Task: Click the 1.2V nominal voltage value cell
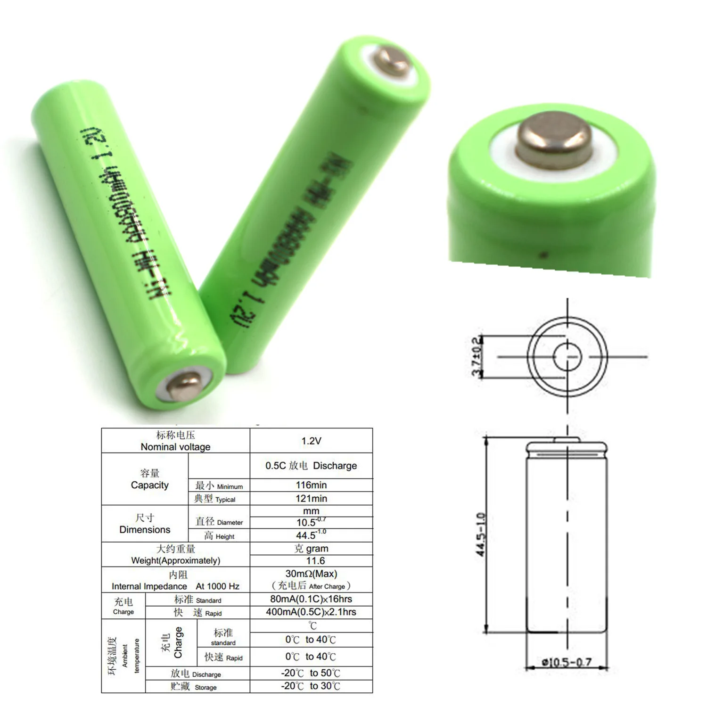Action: point(311,441)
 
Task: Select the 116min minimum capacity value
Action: point(311,485)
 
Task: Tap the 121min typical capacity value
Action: point(311,498)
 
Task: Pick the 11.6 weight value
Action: point(315,561)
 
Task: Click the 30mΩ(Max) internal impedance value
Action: point(311,574)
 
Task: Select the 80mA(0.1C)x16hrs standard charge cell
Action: point(311,599)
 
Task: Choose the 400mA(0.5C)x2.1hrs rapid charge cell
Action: point(311,612)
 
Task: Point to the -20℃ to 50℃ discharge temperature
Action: point(311,673)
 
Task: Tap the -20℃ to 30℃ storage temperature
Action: point(311,686)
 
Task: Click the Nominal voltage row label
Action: point(175,447)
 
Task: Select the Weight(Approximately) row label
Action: point(175,560)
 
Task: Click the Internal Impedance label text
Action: point(149,586)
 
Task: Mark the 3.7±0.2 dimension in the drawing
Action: point(477,356)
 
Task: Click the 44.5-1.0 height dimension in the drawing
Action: point(481,534)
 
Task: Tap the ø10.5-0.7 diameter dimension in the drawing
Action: point(567,662)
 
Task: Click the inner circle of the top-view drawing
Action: point(567,357)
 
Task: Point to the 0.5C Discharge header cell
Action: point(311,466)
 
